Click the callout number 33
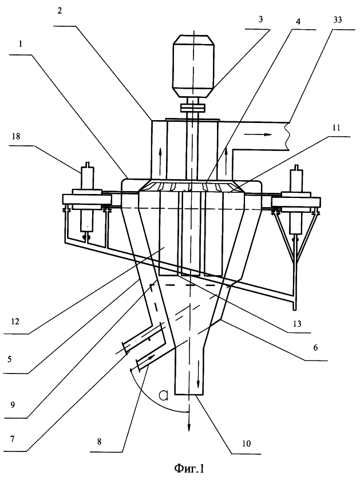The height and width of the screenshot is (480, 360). pos(337,20)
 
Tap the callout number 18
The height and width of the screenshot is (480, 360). pos(16,136)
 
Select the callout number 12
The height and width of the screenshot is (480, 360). pos(15,322)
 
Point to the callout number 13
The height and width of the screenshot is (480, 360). pos(297,324)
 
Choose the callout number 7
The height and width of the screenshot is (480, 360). pos(12,439)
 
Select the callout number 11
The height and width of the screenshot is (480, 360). pos(336,128)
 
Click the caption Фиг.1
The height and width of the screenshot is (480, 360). pos(189,468)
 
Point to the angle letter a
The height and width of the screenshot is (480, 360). pos(164,395)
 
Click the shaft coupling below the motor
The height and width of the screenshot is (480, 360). pos(193,108)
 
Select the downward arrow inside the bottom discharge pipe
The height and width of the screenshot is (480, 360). pos(199,374)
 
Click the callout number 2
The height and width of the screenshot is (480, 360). pos(59,11)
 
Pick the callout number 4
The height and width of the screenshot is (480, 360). pos(298,21)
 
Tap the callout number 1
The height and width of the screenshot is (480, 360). pos(20,45)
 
